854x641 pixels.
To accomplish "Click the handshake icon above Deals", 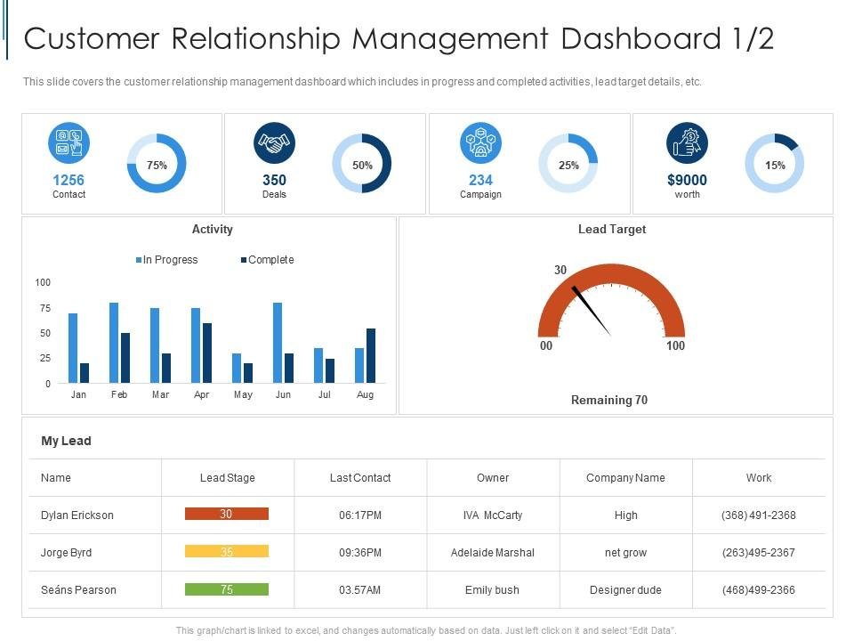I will pyautogui.click(x=274, y=143).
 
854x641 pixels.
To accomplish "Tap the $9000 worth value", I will pyautogui.click(x=687, y=180).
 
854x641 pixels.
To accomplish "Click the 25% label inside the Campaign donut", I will pyautogui.click(x=568, y=165).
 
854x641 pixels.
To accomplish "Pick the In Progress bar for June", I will pyautogui.click(x=278, y=343).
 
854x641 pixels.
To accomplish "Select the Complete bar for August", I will pyautogui.click(x=371, y=355).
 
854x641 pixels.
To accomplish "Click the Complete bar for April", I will pyautogui.click(x=207, y=353).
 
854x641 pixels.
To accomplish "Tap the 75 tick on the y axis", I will pyautogui.click(x=43, y=308).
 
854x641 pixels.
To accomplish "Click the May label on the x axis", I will pyautogui.click(x=243, y=394).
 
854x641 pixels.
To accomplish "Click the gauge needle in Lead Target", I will pyautogui.click(x=592, y=311).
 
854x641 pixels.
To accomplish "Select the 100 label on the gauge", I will pyautogui.click(x=675, y=345).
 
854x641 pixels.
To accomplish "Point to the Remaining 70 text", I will pyautogui.click(x=609, y=401).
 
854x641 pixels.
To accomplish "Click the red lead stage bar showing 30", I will pyautogui.click(x=226, y=515).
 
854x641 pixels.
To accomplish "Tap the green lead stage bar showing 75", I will pyautogui.click(x=226, y=589).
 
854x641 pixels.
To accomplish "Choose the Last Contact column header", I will pyautogui.click(x=360, y=478).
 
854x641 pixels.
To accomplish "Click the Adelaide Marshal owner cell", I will pyautogui.click(x=493, y=553).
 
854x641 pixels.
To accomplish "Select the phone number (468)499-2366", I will pyautogui.click(x=758, y=590).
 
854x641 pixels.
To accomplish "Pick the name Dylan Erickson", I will pyautogui.click(x=77, y=515).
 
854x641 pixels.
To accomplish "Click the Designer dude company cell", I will pyautogui.click(x=625, y=590).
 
